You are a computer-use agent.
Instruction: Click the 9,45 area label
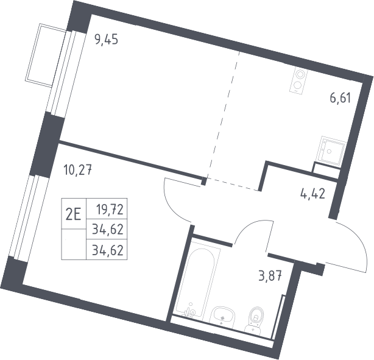point(107,40)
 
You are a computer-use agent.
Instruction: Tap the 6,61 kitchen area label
point(340,98)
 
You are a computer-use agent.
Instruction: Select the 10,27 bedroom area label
point(78,171)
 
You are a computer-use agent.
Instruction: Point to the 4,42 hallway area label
point(312,194)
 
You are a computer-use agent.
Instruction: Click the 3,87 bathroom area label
point(270,277)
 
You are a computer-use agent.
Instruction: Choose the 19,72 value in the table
point(110,210)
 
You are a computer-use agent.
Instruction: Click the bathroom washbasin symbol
point(222,316)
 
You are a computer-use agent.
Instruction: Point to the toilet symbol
point(255,319)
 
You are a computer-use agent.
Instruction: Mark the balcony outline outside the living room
point(46,55)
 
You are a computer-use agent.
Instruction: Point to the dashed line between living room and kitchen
point(223,115)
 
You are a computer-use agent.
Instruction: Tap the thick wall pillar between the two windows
point(47,145)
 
